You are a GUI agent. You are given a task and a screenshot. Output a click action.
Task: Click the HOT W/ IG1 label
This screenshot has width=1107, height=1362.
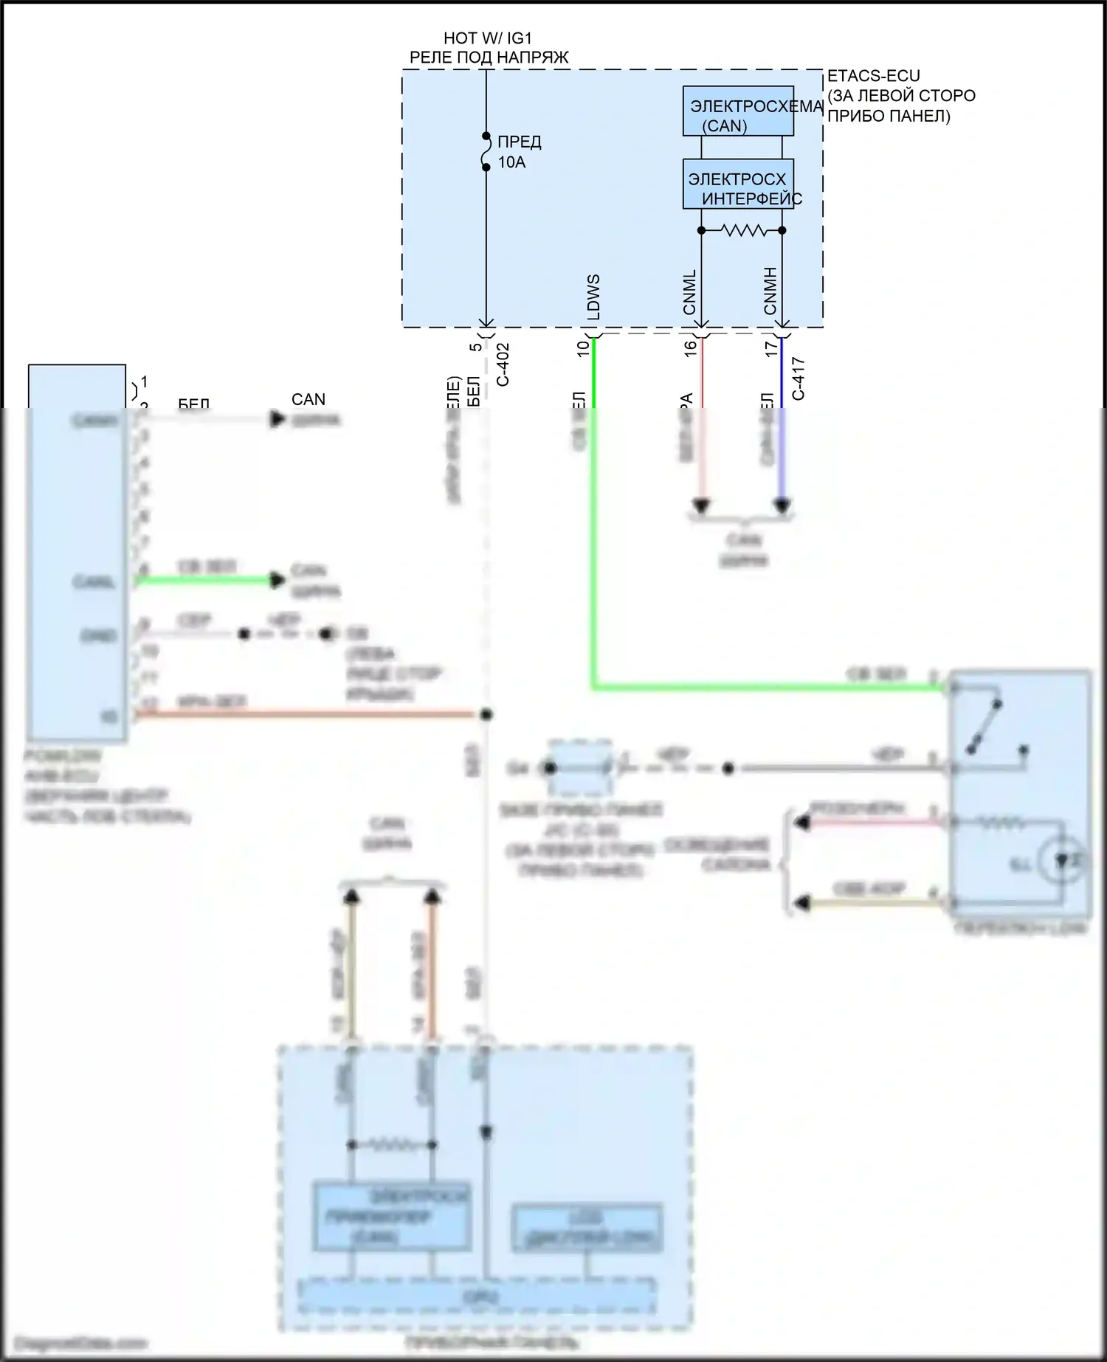click(x=487, y=38)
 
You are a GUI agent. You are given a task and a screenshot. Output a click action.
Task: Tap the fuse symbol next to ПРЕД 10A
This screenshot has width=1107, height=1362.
click(x=486, y=152)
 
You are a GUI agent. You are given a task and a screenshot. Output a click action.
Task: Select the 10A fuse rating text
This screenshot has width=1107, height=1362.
click(x=511, y=162)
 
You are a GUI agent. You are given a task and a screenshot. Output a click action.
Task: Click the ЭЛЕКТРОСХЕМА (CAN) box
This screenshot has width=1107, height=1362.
click(x=737, y=111)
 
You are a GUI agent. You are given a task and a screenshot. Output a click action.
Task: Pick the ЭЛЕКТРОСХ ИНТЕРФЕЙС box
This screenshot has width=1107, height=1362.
click(x=737, y=184)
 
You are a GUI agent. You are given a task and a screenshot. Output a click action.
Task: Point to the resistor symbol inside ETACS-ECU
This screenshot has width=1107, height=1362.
click(x=742, y=230)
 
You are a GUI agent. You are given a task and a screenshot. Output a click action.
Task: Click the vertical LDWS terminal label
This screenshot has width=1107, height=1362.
click(x=593, y=297)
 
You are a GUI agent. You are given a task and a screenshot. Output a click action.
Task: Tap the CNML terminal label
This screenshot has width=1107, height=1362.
click(x=689, y=292)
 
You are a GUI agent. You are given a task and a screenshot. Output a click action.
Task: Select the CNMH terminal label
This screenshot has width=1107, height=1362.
click(x=770, y=291)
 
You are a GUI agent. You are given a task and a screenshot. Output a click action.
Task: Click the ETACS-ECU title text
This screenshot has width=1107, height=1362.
click(x=873, y=76)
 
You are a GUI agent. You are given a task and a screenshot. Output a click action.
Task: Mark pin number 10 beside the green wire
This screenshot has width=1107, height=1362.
click(x=583, y=348)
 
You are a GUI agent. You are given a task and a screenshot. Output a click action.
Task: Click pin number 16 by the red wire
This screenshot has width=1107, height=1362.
click(x=691, y=348)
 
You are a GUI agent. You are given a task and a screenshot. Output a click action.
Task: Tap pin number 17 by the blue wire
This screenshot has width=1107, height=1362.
click(x=771, y=348)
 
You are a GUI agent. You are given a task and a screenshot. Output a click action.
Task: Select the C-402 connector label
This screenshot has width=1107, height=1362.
click(x=503, y=364)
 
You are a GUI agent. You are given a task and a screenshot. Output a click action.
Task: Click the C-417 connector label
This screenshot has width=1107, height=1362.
click(x=798, y=379)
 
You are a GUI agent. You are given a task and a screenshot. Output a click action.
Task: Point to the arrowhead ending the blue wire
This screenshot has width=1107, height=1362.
click(x=782, y=506)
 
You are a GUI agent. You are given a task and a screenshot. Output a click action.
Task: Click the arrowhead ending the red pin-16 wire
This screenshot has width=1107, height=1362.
click(x=701, y=506)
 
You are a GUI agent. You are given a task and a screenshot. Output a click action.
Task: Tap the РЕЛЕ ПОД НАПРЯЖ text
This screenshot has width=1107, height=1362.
click(x=489, y=58)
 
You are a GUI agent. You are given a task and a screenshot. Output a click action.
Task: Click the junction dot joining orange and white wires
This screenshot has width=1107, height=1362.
click(x=486, y=714)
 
